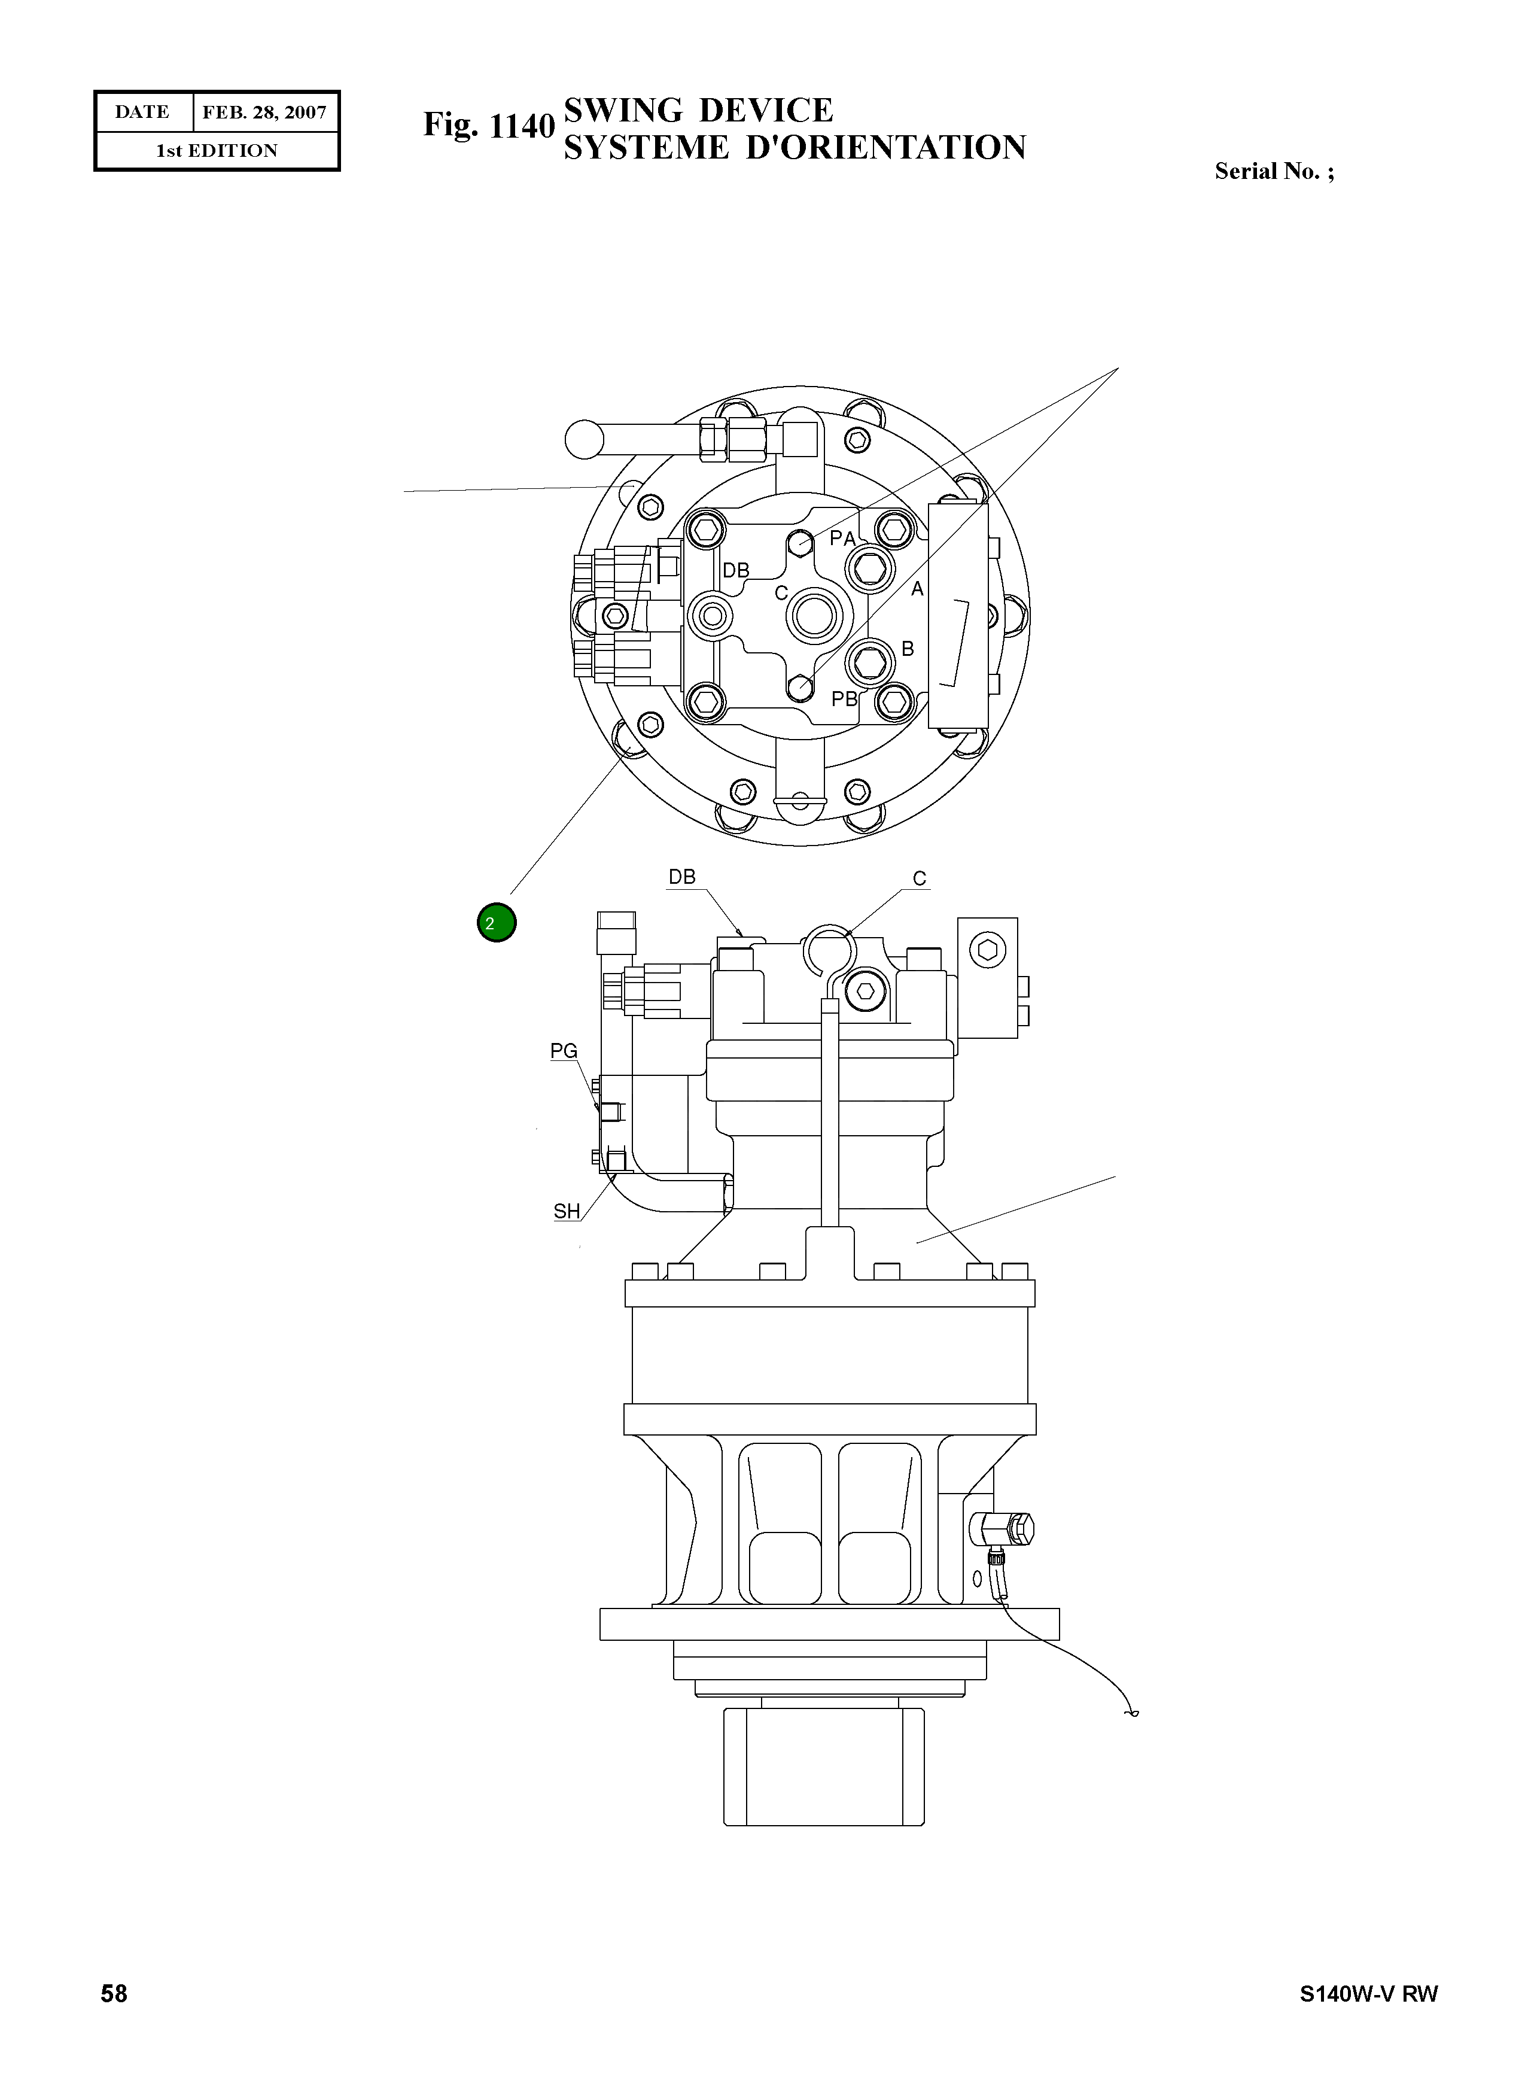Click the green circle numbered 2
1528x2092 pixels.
(497, 923)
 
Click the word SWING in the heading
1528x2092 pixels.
(623, 111)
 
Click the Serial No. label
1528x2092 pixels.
(1274, 171)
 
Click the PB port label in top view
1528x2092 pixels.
(844, 700)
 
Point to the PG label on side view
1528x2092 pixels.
(564, 1051)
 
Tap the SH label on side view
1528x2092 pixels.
(566, 1211)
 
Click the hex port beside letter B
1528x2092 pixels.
(869, 661)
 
